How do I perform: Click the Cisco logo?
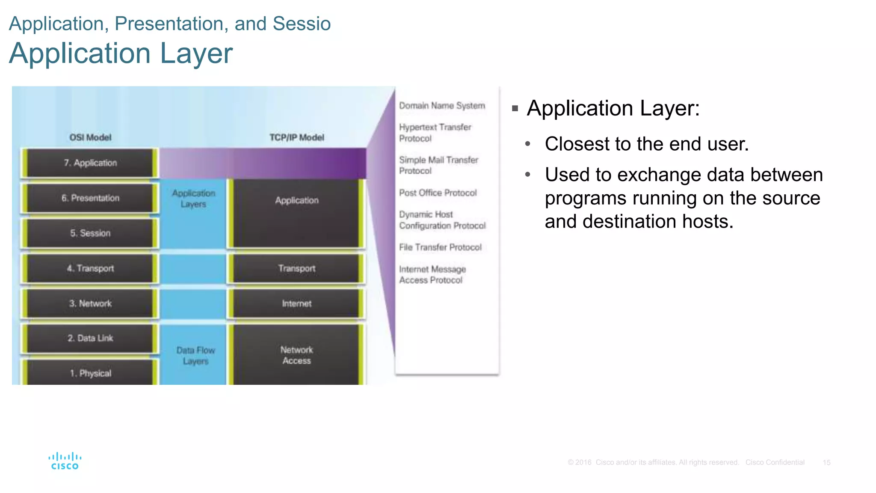click(x=65, y=461)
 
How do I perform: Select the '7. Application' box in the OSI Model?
click(x=90, y=163)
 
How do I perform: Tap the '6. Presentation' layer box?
click(x=90, y=198)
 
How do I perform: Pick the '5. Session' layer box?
click(x=90, y=233)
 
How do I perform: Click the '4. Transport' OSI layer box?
click(x=90, y=268)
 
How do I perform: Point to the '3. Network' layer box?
click(x=90, y=303)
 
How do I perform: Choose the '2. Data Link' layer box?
click(x=90, y=338)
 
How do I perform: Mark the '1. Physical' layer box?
click(x=90, y=372)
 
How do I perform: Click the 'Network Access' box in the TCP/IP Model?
click(x=296, y=355)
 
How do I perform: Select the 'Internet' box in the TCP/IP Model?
click(x=296, y=303)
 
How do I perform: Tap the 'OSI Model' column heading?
click(x=90, y=137)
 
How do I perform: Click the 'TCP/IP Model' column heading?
click(x=296, y=137)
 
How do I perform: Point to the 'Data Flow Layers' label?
click(x=195, y=356)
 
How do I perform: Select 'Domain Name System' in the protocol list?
click(x=442, y=106)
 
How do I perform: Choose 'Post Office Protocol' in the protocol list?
click(x=438, y=193)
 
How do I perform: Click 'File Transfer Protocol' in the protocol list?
click(x=440, y=247)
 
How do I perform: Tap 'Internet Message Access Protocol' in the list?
click(x=432, y=274)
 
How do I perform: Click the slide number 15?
click(x=826, y=463)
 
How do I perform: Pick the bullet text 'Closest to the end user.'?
click(x=646, y=144)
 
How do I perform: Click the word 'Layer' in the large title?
click(x=196, y=53)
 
